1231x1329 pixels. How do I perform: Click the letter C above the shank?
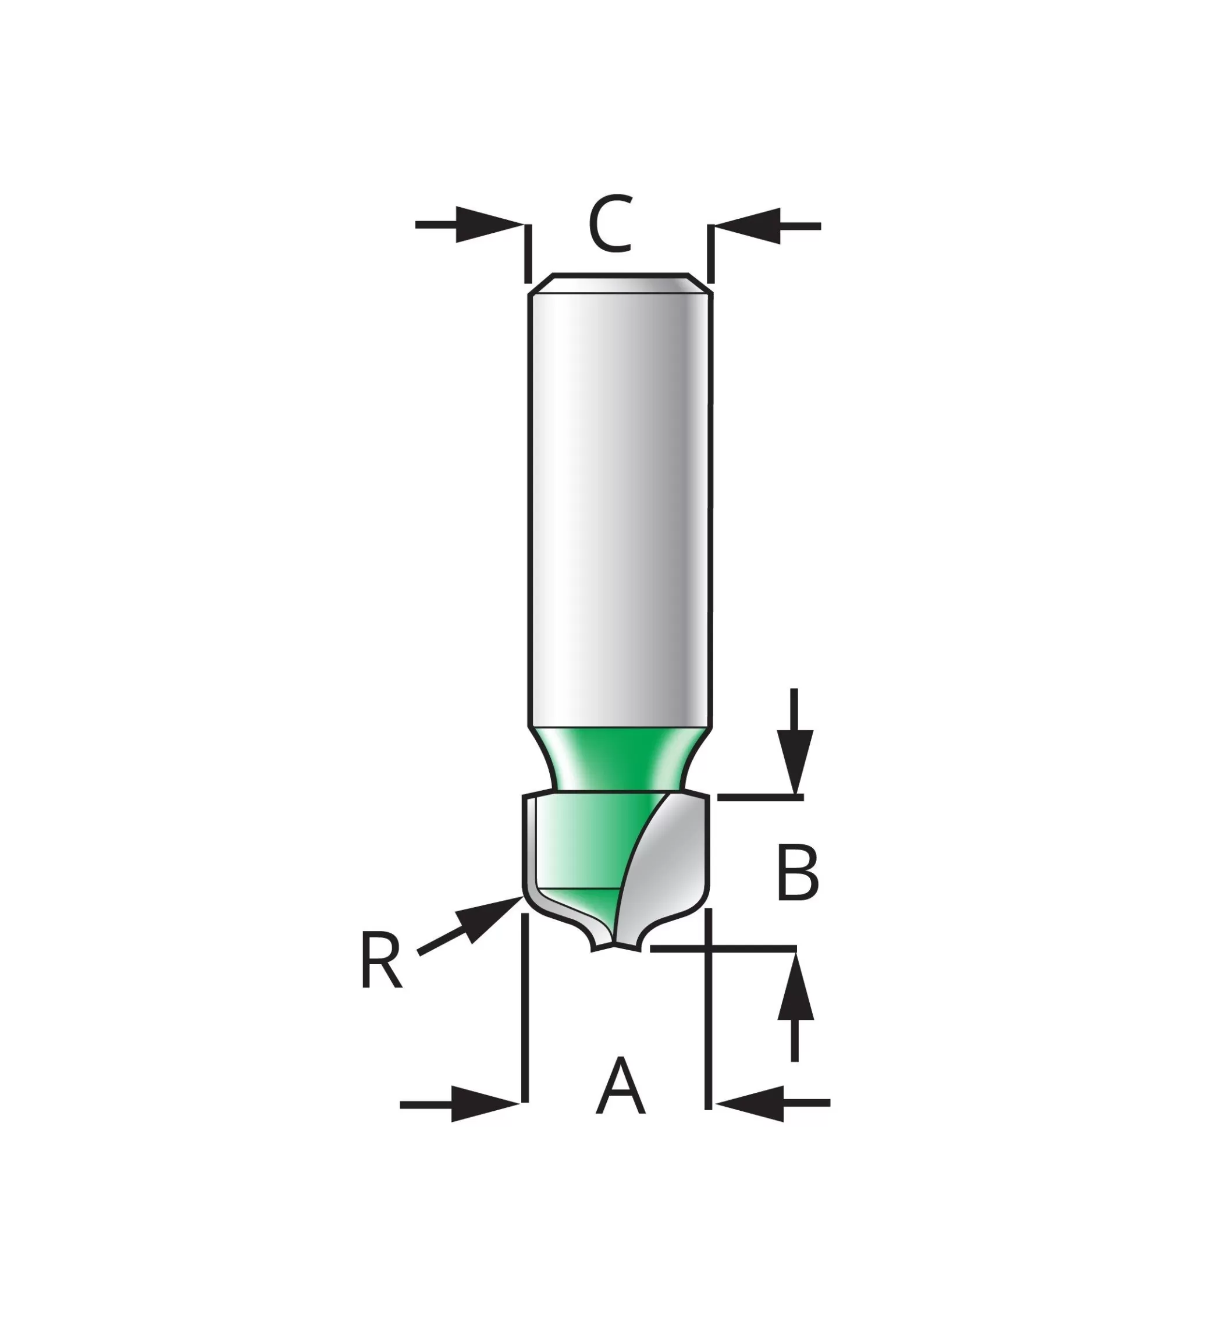pyautogui.click(x=610, y=224)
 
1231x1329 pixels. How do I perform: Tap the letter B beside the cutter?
pyautogui.click(x=798, y=873)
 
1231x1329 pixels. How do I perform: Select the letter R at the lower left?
pyautogui.click(x=381, y=960)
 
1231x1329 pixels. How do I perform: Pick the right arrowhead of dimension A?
pyautogui.click(x=750, y=1103)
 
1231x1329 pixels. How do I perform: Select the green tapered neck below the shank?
pyautogui.click(x=620, y=759)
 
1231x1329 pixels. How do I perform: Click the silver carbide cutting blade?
pyautogui.click(x=666, y=866)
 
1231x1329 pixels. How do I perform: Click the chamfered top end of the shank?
pyautogui.click(x=620, y=283)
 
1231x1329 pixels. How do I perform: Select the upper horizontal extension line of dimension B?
pyautogui.click(x=760, y=797)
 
